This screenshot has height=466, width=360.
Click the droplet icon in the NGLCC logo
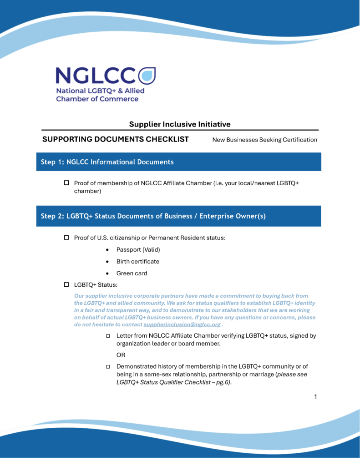point(146,76)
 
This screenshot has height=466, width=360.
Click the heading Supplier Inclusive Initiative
point(180,124)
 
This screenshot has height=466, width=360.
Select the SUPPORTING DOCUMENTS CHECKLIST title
point(116,139)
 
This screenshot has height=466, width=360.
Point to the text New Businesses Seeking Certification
point(264,140)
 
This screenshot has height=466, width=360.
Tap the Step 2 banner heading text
point(153,216)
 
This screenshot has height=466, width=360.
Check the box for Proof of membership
point(66,183)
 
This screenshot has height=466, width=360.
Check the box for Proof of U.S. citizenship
point(66,238)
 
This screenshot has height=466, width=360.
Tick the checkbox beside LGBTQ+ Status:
point(66,285)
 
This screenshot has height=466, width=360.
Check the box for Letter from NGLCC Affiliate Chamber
point(108,336)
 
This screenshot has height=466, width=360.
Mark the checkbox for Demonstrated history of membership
point(108,366)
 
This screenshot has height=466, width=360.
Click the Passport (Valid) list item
point(138,250)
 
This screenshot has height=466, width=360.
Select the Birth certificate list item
point(137,262)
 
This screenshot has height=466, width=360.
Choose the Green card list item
point(132,274)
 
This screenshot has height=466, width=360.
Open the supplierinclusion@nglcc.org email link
point(182,325)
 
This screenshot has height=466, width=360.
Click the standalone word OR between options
point(121,355)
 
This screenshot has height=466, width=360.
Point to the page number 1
point(315,397)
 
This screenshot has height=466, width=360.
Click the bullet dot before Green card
point(107,274)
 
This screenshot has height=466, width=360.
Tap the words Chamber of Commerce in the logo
point(97,99)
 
